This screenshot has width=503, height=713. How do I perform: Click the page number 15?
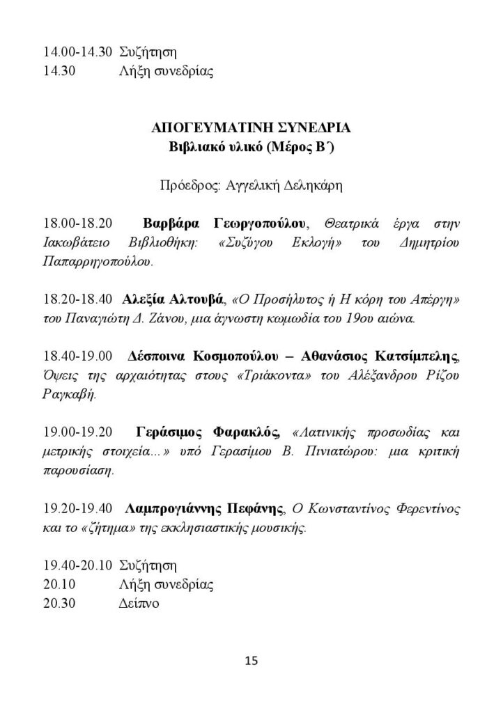(251, 660)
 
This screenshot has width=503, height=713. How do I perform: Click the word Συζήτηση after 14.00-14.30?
(148, 52)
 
